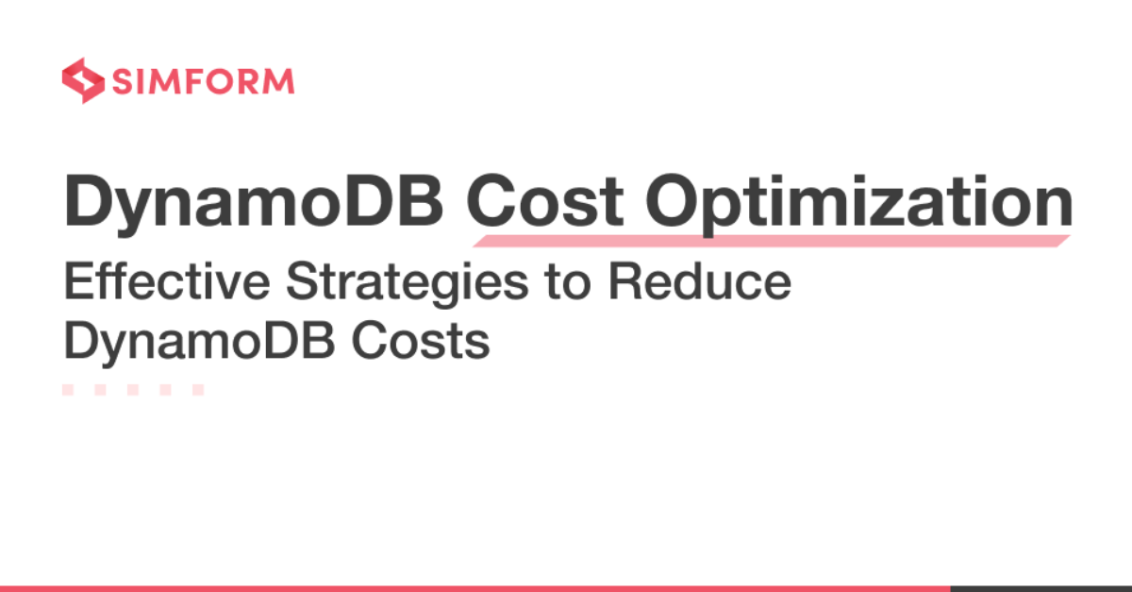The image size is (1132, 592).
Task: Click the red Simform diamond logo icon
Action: coord(83,81)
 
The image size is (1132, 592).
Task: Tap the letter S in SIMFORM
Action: coord(122,81)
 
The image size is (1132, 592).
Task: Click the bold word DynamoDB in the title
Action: coord(254,203)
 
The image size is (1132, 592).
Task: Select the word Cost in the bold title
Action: coord(545,201)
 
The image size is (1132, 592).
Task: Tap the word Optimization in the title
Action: coord(859,203)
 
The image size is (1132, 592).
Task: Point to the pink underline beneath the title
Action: coord(772,241)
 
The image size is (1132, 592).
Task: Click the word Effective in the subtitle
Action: coord(167,281)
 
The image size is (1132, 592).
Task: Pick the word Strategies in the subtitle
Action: coord(408,284)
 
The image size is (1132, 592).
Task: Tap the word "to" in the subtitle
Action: coord(568,283)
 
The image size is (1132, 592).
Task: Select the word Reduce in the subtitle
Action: coord(700,281)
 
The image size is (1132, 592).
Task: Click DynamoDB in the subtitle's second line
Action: coord(200,343)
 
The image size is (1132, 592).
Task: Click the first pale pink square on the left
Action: coord(68,390)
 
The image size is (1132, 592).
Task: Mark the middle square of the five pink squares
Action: coord(133,390)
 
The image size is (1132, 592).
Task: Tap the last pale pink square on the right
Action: coord(198,390)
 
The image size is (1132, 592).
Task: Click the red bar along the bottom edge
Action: coord(475,589)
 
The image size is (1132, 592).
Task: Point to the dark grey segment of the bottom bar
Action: coord(1041,589)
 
